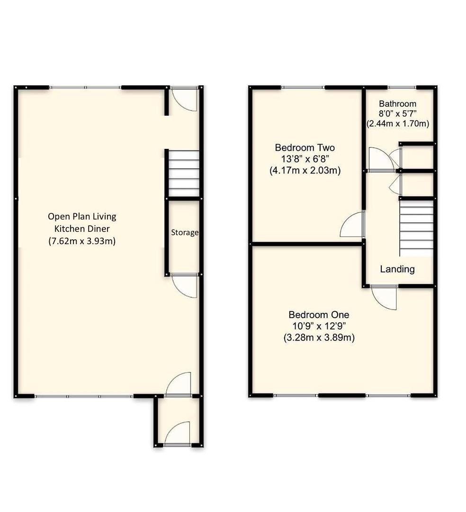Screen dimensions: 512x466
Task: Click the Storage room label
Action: tap(185, 233)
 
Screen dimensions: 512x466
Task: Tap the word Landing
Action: tap(397, 269)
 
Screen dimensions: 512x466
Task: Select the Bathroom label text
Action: tap(397, 104)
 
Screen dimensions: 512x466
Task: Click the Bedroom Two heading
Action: tap(305, 148)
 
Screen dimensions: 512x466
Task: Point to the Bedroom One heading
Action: tap(319, 315)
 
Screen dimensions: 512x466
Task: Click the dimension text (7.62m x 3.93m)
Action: tap(82, 241)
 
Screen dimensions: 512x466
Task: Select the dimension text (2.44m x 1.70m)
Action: tap(398, 124)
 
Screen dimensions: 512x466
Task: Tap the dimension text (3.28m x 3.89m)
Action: tap(319, 338)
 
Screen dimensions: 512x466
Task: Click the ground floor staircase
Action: tap(184, 174)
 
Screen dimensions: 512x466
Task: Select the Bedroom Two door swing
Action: tap(352, 226)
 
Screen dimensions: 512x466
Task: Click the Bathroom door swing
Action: tap(381, 158)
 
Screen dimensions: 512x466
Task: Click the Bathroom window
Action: tap(402, 87)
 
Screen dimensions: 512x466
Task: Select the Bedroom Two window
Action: tap(303, 87)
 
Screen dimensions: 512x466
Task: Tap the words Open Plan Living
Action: tap(82, 217)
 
